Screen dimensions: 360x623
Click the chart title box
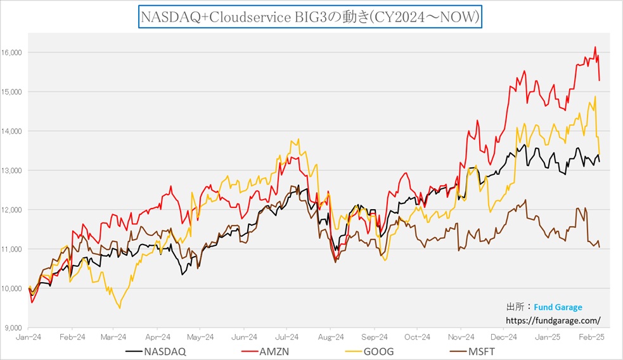[310, 17]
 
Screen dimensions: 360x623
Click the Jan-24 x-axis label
[29, 337]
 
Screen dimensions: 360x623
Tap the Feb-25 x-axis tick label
[591, 337]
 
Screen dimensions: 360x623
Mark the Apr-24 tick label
[158, 337]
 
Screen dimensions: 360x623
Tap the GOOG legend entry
[363, 350]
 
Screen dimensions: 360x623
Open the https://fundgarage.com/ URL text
[553, 320]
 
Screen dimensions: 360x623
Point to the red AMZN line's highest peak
[594, 47]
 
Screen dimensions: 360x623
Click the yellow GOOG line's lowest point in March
[120, 308]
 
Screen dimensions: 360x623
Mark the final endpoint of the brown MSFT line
[600, 247]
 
